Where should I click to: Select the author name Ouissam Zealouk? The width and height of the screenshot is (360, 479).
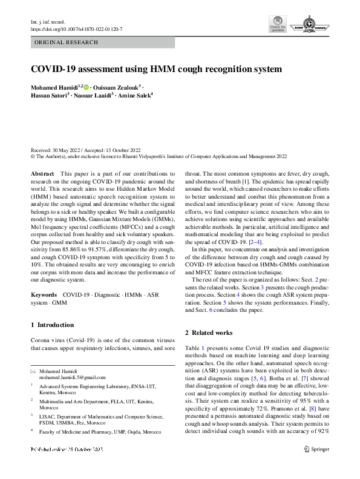[117, 88]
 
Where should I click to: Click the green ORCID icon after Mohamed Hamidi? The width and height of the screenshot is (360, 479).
[86, 88]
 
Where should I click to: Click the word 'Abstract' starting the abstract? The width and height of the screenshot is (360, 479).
[42, 174]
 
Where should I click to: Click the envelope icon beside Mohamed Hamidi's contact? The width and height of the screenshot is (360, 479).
[33, 370]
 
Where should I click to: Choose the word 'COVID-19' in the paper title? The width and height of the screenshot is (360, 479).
[54, 70]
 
